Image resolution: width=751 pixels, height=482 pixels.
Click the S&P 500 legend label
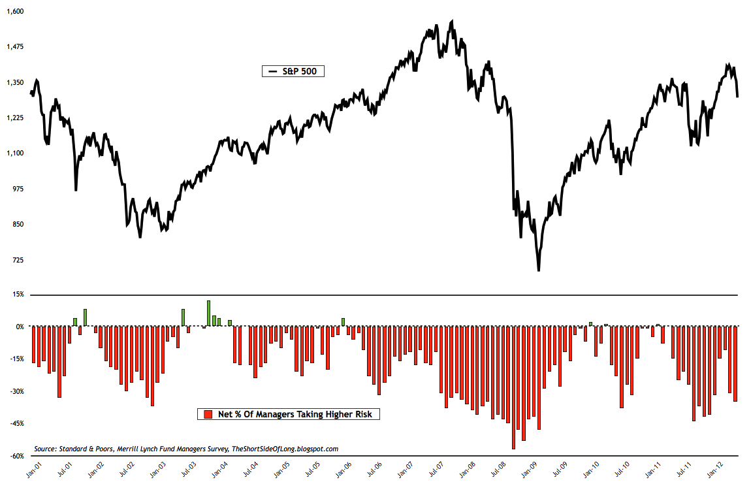tap(298, 71)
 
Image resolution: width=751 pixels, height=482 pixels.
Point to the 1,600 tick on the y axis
tap(15, 11)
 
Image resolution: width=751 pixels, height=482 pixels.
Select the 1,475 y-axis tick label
tap(15, 47)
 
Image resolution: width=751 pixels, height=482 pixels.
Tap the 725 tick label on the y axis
tap(18, 260)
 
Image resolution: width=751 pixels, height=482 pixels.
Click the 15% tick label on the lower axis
tap(18, 295)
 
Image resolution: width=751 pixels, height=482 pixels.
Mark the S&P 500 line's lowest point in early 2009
tap(539, 270)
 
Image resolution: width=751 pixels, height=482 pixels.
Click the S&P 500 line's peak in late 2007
tap(451, 21)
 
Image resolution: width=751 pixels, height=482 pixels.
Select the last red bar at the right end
tap(735, 364)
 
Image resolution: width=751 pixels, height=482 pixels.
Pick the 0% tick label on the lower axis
tap(19, 327)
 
